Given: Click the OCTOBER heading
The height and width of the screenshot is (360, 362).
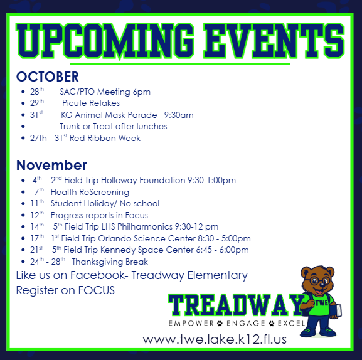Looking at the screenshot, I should pos(48,77).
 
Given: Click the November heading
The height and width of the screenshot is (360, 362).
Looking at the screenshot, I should pos(51,166).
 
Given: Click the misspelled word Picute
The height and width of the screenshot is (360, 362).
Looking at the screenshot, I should pos(75,103).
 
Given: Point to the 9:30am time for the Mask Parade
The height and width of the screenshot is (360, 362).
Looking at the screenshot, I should pos(178,115).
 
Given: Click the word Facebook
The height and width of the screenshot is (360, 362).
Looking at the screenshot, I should pos(96,275).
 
